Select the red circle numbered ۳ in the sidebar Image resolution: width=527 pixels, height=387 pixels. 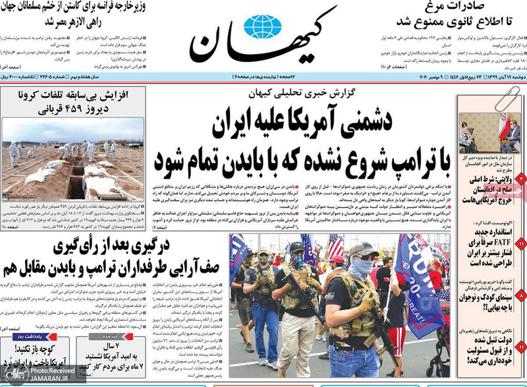click(520, 179)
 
